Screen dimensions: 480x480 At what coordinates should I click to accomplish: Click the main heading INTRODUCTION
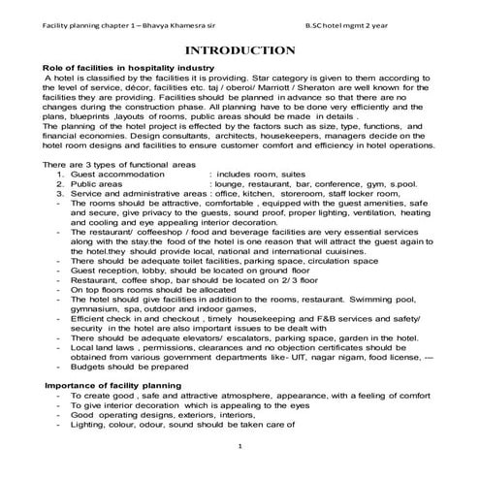[240, 49]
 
